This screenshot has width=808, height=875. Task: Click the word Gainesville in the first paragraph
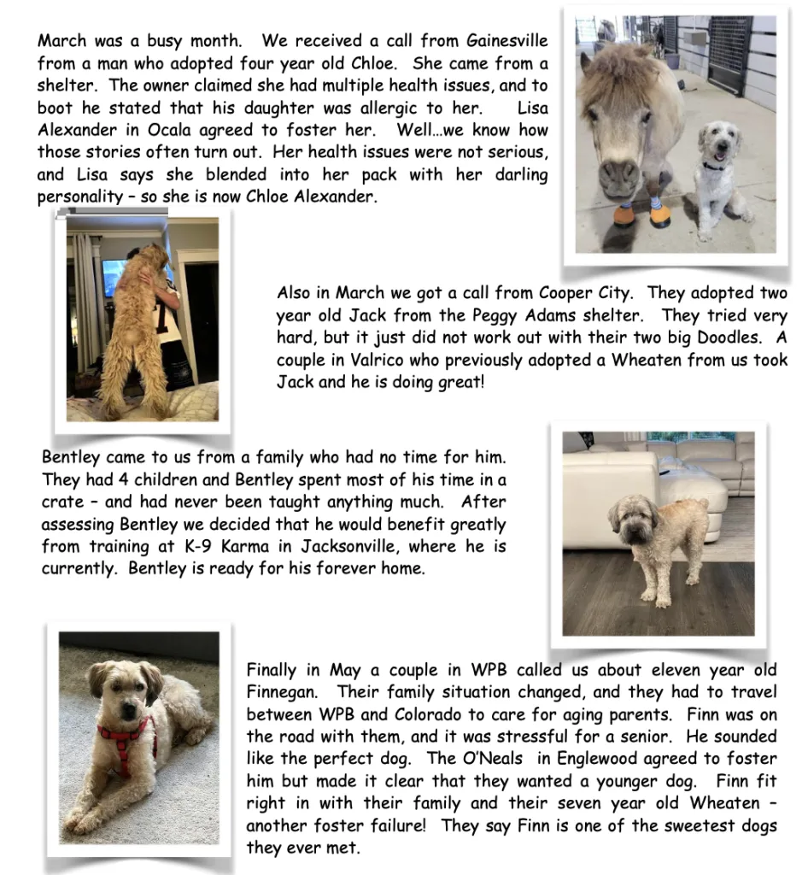click(x=507, y=41)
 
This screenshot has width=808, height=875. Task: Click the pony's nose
click(x=620, y=177)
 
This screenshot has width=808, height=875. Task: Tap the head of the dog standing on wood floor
click(x=635, y=519)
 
